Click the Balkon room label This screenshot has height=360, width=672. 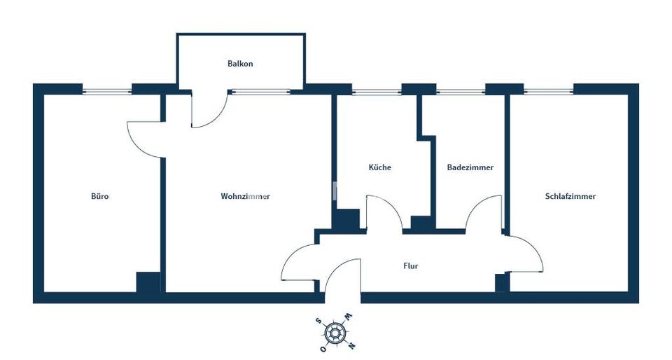(240, 64)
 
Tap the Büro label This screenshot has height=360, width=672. (100, 196)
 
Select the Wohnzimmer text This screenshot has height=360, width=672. (245, 196)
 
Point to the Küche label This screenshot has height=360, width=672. (379, 167)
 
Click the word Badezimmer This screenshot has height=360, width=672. (470, 167)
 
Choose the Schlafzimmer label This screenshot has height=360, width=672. (570, 196)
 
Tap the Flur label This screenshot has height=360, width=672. (411, 265)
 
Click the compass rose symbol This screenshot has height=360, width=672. (335, 332)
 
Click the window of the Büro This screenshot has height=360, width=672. (106, 91)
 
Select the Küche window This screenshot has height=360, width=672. (377, 91)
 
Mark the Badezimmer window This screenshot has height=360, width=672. (461, 91)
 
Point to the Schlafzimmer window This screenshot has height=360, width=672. (549, 91)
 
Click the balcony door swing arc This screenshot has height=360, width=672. (216, 118)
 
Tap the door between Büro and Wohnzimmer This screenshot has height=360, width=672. (139, 146)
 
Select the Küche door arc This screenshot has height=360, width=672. (392, 206)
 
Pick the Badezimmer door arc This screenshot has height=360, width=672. (476, 206)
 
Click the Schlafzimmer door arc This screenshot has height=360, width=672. (533, 249)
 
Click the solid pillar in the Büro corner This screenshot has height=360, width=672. (148, 282)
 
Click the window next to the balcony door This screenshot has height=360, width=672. (261, 91)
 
